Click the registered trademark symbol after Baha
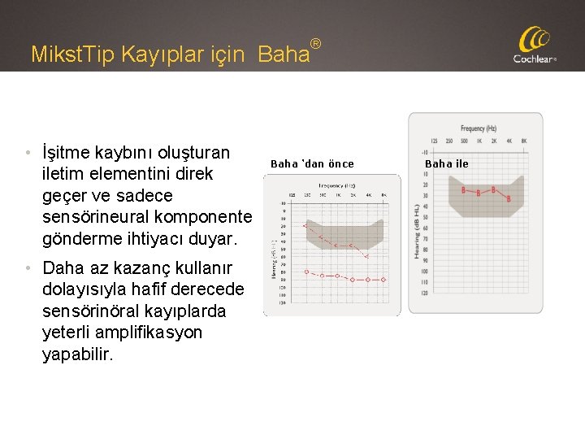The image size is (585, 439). click(x=316, y=42)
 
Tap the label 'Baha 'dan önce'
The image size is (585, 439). click(x=312, y=163)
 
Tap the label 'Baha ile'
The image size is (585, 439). click(x=447, y=163)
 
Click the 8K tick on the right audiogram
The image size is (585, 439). click(x=524, y=141)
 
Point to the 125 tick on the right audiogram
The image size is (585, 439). click(x=436, y=141)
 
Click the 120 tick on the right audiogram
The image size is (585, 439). click(x=425, y=292)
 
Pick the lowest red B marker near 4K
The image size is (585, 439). click(x=509, y=198)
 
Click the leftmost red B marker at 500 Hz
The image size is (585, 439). click(x=464, y=190)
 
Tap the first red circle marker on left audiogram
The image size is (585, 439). click(x=305, y=272)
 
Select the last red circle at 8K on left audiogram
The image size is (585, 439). click(x=383, y=279)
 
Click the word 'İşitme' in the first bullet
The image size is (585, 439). click(x=67, y=153)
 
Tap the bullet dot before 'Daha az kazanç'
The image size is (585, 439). click(x=28, y=267)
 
